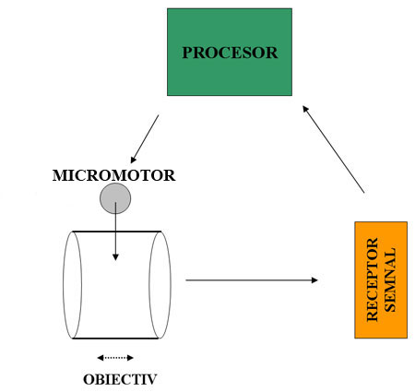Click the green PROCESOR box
pyautogui.click(x=229, y=74)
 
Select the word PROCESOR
pyautogui.click(x=229, y=53)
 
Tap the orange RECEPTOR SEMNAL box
pyautogui.click(x=380, y=279)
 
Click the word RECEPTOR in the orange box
pyautogui.click(x=373, y=279)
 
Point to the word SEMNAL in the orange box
pyautogui.click(x=389, y=279)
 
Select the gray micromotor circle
pyautogui.click(x=115, y=197)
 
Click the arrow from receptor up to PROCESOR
pyautogui.click(x=334, y=148)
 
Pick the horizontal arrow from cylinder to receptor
pyautogui.click(x=251, y=279)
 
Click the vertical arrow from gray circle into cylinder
pyautogui.click(x=115, y=235)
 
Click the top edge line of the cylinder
pyautogui.click(x=115, y=231)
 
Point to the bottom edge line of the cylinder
pyautogui.click(x=115, y=339)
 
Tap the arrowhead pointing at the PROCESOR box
pyautogui.click(x=307, y=108)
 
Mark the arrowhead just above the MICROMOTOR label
pyautogui.click(x=134, y=159)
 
